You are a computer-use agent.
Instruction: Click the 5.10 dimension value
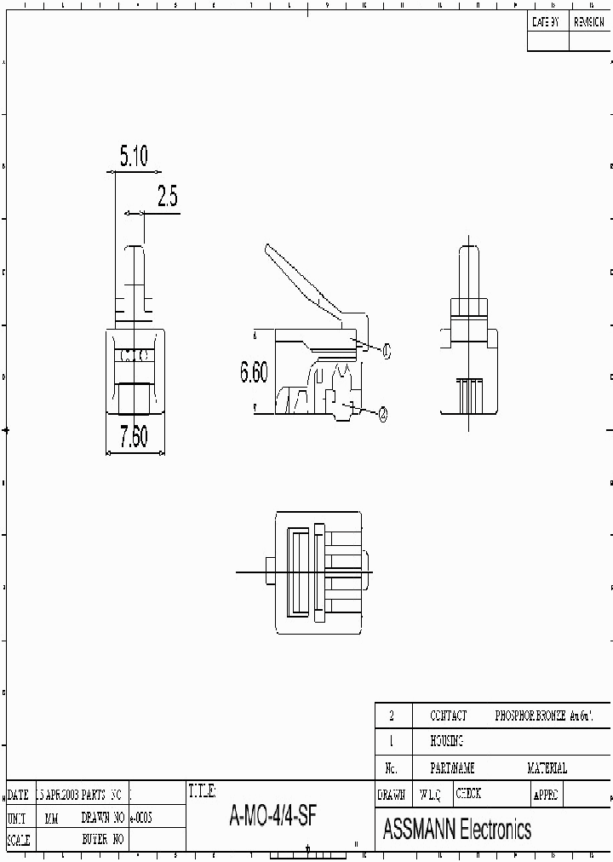[x=134, y=156]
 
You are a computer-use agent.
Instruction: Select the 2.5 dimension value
[x=167, y=197]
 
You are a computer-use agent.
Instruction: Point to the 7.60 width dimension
[x=134, y=438]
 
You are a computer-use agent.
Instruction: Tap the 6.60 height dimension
[x=254, y=372]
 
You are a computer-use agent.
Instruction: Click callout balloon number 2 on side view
[x=383, y=413]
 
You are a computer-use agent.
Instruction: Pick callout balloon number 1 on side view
[x=386, y=349]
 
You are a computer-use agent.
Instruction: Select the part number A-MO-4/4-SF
[x=273, y=817]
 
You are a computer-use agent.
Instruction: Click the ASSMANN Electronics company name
[x=457, y=829]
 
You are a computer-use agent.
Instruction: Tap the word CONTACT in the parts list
[x=448, y=716]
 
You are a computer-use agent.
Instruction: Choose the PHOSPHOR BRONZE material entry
[x=542, y=716]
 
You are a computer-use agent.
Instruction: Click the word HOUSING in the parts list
[x=446, y=742]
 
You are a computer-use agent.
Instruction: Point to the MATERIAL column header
[x=547, y=768]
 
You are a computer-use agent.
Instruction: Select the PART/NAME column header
[x=452, y=768]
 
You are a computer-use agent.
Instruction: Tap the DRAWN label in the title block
[x=391, y=794]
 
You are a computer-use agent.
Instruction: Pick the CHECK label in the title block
[x=468, y=794]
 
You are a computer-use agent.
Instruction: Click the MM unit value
[x=51, y=818]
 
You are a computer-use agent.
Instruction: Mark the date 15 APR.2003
[x=58, y=795]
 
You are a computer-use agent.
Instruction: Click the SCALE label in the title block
[x=18, y=841]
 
